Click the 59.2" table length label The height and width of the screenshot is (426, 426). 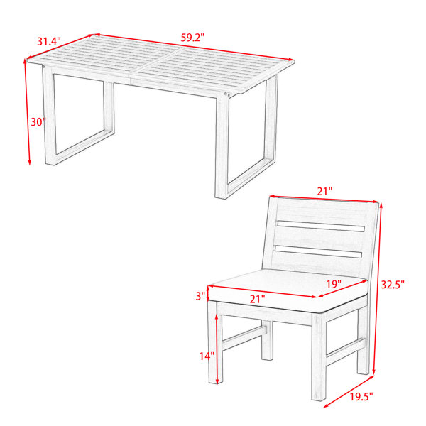[x=192, y=38]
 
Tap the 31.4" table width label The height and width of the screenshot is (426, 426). [x=49, y=41]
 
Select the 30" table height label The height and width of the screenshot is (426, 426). [x=38, y=122]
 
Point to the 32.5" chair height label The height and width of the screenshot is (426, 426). [x=393, y=285]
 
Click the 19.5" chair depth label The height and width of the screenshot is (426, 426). [x=361, y=397]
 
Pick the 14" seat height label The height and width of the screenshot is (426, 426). [x=207, y=356]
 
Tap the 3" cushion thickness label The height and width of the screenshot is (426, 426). [x=200, y=296]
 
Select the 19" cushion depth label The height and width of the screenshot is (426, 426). [x=334, y=284]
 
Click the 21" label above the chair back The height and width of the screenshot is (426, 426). [x=324, y=192]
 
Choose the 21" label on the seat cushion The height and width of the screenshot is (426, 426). [x=257, y=299]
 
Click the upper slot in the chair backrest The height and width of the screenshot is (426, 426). [x=321, y=226]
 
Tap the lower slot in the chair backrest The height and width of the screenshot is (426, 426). [x=318, y=251]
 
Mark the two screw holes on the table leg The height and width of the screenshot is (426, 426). [x=226, y=94]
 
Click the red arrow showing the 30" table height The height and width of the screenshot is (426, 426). [x=28, y=112]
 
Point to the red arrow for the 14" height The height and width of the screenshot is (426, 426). [x=217, y=349]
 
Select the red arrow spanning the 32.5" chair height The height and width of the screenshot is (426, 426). [x=377, y=288]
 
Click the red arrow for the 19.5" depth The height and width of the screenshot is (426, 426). [x=349, y=391]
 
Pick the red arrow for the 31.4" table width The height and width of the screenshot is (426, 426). [x=61, y=46]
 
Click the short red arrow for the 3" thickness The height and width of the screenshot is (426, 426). [x=208, y=293]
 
